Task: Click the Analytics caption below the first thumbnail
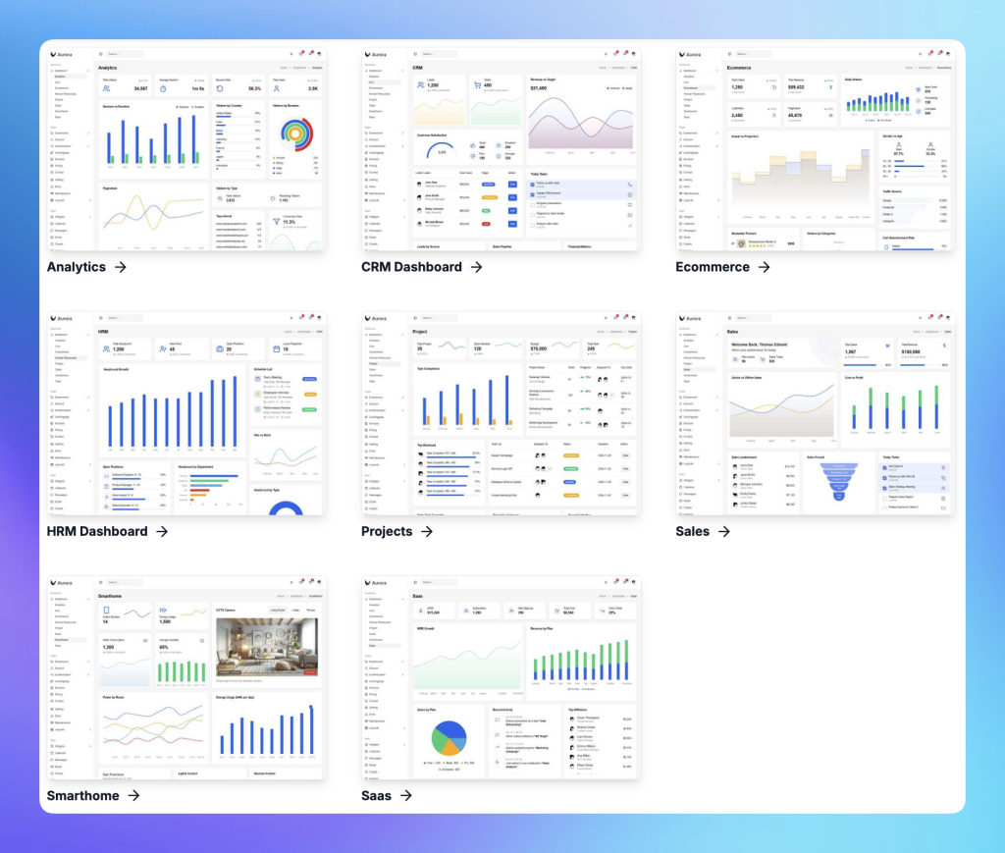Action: (77, 266)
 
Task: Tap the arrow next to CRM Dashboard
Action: (476, 266)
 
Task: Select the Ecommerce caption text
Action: (713, 266)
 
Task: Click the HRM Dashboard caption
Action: (97, 531)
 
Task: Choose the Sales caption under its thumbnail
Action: (692, 531)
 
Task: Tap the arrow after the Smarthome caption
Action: (132, 795)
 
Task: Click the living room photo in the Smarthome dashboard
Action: (268, 648)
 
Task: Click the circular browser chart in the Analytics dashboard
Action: (294, 136)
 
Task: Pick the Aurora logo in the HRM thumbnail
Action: (61, 318)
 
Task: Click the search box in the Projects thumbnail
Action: (440, 318)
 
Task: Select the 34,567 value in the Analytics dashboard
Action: (140, 88)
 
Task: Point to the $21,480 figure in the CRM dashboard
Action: (539, 87)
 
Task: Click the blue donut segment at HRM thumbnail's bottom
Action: (285, 508)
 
